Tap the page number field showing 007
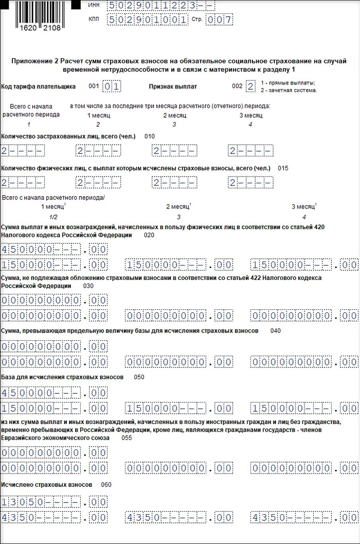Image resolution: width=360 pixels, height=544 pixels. coord(219,20)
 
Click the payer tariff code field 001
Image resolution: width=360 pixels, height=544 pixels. coord(112,86)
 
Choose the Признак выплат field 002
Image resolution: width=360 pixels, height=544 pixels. coord(250,86)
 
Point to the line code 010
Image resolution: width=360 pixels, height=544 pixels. coord(149,136)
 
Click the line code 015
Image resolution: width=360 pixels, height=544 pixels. coord(283,168)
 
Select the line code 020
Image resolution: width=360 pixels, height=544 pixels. coord(149,235)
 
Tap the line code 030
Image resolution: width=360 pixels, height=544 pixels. coord(88,286)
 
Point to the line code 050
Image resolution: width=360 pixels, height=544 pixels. coord(139,377)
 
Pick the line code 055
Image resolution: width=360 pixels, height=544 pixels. coord(127,438)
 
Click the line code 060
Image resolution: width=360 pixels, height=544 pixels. coord(106,485)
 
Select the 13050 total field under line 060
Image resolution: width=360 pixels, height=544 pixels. coord(55,501)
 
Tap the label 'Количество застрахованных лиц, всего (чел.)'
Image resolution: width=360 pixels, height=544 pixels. coord(69,136)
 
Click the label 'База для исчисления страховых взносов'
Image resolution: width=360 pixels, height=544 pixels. coord(63,377)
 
